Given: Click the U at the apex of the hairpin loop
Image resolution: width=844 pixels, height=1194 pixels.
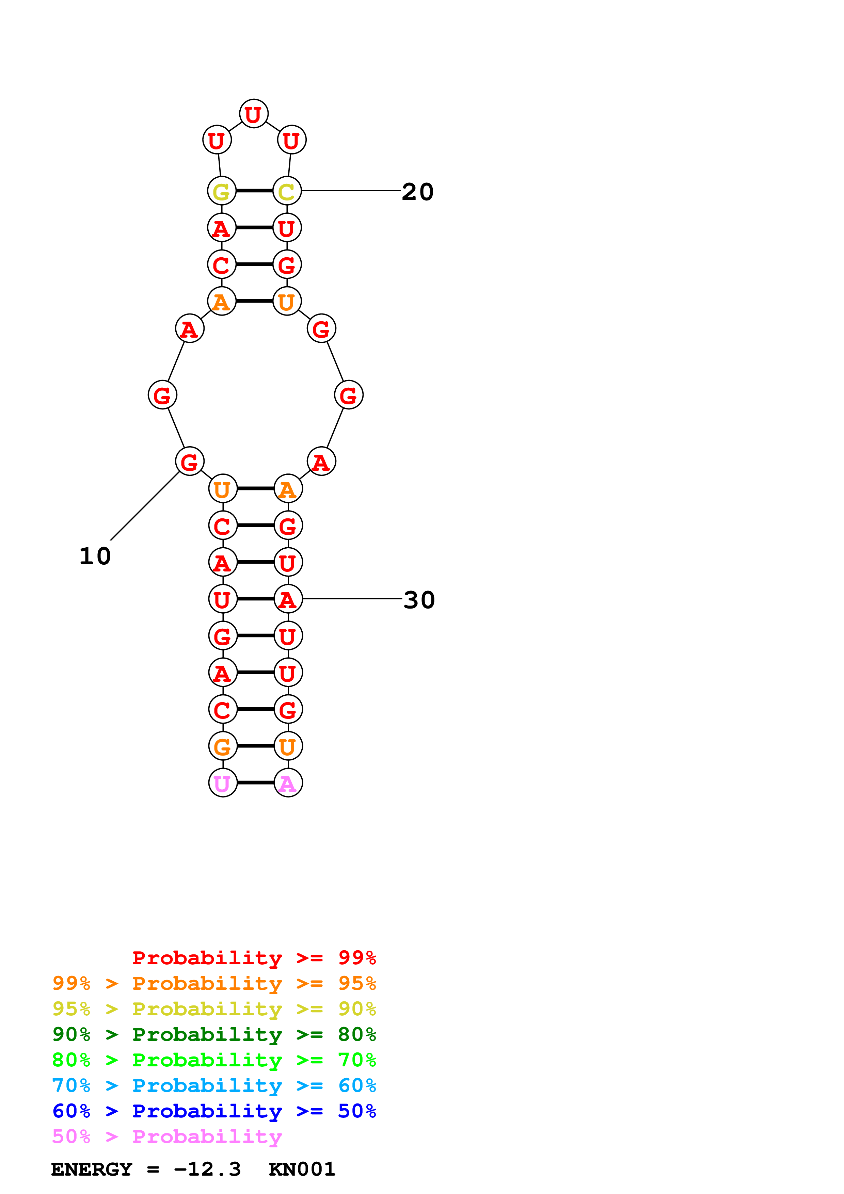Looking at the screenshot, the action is pyautogui.click(x=253, y=114).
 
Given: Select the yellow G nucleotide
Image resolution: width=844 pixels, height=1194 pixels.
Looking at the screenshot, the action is pyautogui.click(x=222, y=191).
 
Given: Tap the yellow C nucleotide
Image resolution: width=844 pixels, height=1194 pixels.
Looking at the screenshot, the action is pyautogui.click(x=287, y=191).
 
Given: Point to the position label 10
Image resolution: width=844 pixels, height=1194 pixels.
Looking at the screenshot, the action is pyautogui.click(x=95, y=556).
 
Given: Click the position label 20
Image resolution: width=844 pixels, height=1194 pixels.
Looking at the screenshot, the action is pyautogui.click(x=418, y=192).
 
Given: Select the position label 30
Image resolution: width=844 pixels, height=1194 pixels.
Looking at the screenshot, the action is pyautogui.click(x=419, y=600).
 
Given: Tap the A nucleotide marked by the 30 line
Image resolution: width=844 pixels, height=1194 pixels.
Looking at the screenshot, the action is pyautogui.click(x=288, y=599).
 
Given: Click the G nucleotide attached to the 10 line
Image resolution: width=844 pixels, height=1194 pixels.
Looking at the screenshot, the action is pyautogui.click(x=189, y=461).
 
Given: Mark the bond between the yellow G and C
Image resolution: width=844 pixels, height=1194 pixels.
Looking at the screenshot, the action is pyautogui.click(x=254, y=191).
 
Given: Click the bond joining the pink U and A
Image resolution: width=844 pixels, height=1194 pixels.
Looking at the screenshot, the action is pyautogui.click(x=255, y=782).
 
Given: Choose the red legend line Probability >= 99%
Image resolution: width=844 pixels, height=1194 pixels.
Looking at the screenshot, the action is pyautogui.click(x=254, y=958).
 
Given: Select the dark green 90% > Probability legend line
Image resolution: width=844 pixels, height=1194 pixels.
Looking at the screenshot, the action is pyautogui.click(x=214, y=1034).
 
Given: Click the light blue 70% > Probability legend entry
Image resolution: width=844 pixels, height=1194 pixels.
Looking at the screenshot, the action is pyautogui.click(x=214, y=1085).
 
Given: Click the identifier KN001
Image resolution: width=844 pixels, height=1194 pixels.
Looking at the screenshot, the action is pyautogui.click(x=302, y=1169).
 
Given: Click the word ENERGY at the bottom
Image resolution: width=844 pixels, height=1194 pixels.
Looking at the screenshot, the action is pyautogui.click(x=92, y=1169).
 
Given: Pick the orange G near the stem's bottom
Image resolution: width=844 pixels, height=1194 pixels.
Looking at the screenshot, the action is pyautogui.click(x=223, y=746).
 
